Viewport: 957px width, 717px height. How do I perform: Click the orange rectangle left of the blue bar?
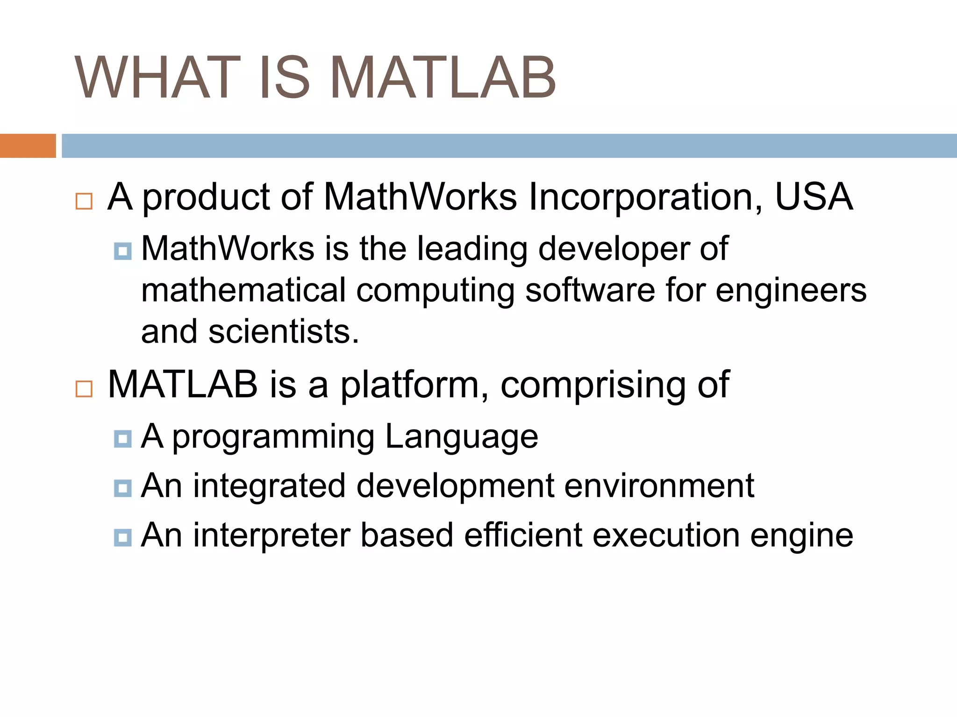[28, 146]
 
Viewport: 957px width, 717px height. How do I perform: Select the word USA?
[814, 197]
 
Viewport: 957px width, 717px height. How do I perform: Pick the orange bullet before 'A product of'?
[84, 201]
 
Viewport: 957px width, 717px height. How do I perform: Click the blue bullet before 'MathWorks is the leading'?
[122, 251]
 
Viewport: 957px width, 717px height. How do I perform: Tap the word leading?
[472, 249]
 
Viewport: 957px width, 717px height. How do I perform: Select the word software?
[590, 290]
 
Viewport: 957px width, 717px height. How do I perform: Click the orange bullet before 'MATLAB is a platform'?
[84, 388]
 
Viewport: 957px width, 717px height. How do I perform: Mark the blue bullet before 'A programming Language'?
[122, 439]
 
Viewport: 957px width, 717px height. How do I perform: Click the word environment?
[659, 486]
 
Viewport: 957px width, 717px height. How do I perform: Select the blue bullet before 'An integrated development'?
[122, 488]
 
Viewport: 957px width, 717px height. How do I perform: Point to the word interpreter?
[271, 535]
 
